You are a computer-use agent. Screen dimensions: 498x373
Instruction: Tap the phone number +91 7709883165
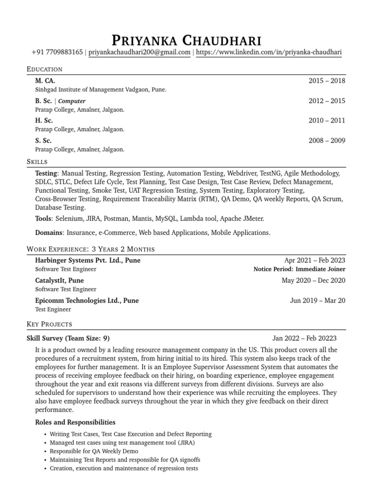click(57, 53)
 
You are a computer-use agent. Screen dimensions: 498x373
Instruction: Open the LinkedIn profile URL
click(269, 53)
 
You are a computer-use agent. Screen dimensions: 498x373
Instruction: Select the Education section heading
click(45, 70)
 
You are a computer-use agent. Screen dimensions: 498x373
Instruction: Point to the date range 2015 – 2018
click(327, 81)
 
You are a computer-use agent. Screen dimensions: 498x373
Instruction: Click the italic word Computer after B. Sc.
click(72, 101)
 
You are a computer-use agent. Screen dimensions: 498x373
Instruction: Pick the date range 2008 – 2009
click(327, 141)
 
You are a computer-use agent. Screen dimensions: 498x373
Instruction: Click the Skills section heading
click(37, 161)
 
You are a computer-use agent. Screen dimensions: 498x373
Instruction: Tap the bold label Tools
click(44, 219)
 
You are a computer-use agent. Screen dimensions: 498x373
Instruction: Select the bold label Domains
click(49, 233)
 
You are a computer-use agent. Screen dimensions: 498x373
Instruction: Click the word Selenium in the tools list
click(68, 219)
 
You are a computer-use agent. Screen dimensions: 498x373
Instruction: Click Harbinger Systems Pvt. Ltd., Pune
click(88, 260)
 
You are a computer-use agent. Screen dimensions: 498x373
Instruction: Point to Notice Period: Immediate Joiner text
click(299, 269)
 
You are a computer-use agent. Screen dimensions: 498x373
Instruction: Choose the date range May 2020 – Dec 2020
click(313, 281)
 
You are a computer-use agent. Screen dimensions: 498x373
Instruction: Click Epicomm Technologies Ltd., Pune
click(87, 301)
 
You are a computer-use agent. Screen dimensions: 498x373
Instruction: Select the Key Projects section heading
click(49, 324)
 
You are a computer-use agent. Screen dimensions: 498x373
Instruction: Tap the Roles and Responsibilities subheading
click(75, 422)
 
